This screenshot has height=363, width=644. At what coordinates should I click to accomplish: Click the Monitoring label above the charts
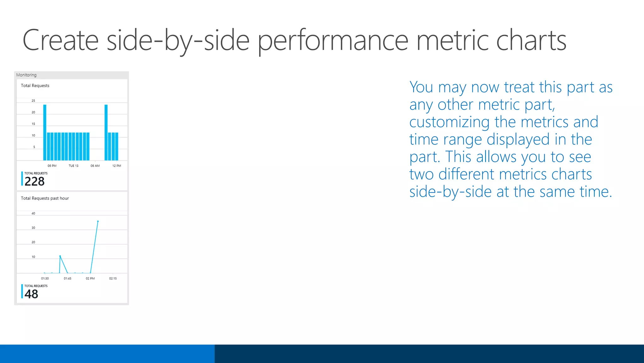point(26,75)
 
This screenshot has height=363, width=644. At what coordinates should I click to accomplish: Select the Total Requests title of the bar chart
point(35,85)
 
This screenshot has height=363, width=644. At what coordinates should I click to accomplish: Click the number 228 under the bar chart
point(35,181)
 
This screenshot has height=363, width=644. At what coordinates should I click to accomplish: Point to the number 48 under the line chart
point(31,294)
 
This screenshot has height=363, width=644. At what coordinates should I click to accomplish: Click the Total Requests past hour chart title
point(45,198)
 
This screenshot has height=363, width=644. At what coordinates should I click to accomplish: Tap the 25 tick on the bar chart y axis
point(33,101)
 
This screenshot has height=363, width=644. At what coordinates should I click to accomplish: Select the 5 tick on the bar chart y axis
point(34,147)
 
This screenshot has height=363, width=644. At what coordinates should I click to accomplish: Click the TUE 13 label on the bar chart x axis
point(73,166)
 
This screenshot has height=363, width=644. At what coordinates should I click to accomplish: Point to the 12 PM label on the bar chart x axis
point(116,166)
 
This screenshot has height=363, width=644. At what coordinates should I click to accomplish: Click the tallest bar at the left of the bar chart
point(45,132)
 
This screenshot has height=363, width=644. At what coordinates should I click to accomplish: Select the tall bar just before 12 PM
point(106,132)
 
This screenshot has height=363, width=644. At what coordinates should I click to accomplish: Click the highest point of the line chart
point(98,222)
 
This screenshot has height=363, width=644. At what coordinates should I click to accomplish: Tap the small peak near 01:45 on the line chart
point(60,256)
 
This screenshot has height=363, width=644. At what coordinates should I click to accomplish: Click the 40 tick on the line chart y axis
point(33,214)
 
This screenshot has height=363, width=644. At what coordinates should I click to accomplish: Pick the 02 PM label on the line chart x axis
point(90,279)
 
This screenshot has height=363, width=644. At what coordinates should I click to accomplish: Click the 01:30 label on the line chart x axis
point(45,279)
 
